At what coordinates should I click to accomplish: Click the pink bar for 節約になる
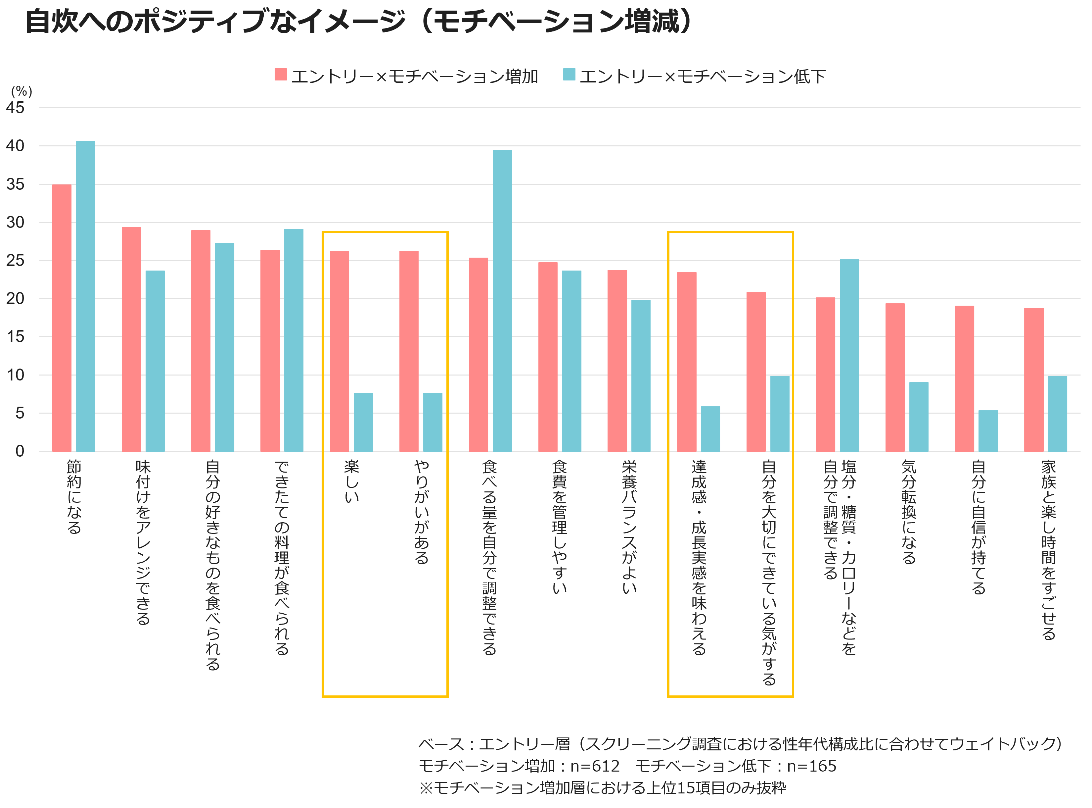pyautogui.click(x=62, y=318)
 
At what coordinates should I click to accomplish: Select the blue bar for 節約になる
pyautogui.click(x=86, y=296)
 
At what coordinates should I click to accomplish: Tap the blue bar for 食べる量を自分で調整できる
pyautogui.click(x=502, y=300)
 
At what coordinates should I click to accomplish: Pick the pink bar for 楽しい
pyautogui.click(x=340, y=351)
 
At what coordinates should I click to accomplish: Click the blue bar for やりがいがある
pyautogui.click(x=432, y=422)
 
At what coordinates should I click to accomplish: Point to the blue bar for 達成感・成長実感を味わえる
pyautogui.click(x=710, y=429)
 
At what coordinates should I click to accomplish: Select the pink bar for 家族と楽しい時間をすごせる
pyautogui.click(x=1034, y=379)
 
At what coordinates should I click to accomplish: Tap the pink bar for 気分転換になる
pyautogui.click(x=895, y=377)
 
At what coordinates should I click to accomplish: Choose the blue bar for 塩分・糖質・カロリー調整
pyautogui.click(x=849, y=355)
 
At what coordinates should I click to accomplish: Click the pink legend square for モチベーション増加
pyautogui.click(x=281, y=75)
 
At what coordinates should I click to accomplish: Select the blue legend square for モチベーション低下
pyautogui.click(x=569, y=75)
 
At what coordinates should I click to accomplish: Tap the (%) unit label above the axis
pyautogui.click(x=22, y=91)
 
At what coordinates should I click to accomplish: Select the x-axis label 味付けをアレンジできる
pyautogui.click(x=143, y=542)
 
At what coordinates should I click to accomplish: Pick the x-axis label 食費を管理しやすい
pyautogui.click(x=560, y=527)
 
